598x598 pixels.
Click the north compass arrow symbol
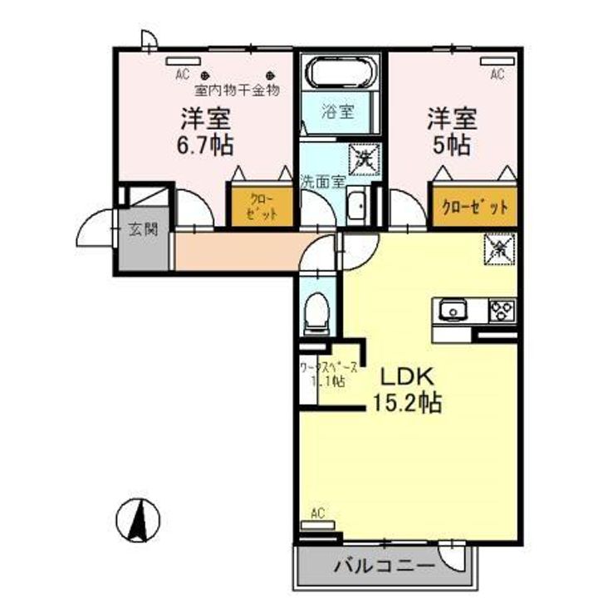[139, 518]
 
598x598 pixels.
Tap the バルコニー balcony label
[385, 568]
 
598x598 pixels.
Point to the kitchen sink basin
[453, 311]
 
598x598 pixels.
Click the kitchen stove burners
[502, 311]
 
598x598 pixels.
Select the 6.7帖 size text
[203, 145]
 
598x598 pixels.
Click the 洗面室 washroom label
[321, 179]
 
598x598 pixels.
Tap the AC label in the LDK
[317, 512]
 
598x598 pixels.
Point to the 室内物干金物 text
[237, 89]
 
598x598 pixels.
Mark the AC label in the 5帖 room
[497, 75]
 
